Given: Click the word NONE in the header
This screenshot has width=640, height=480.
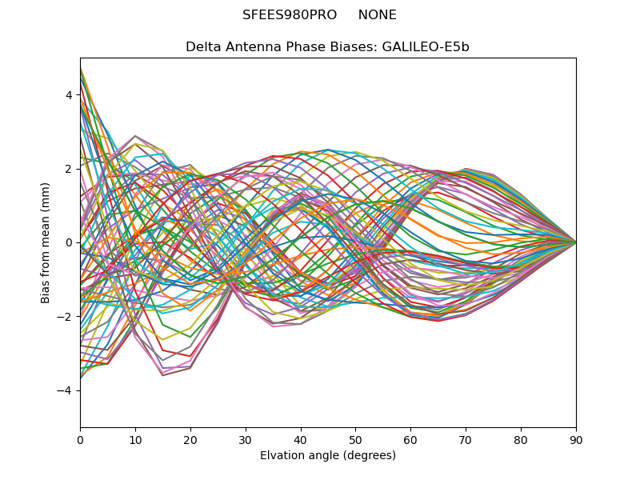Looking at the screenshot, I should click(377, 15).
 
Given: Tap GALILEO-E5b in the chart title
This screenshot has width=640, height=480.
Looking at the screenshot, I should click(430, 47).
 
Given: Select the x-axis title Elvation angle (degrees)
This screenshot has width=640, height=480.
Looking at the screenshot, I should click(328, 455).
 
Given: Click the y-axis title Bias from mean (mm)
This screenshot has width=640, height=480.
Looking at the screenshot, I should click(46, 242).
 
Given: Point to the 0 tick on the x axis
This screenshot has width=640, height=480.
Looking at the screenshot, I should click(80, 439).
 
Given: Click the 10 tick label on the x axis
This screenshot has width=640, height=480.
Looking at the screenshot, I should click(135, 439).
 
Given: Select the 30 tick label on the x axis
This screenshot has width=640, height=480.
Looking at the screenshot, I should click(246, 439).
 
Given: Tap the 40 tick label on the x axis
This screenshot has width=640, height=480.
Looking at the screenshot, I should click(301, 439).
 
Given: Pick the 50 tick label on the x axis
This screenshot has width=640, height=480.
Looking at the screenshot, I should click(355, 439).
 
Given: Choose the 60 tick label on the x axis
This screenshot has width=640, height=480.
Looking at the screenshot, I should click(410, 439).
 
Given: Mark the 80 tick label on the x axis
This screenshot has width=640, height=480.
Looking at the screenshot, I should click(521, 439).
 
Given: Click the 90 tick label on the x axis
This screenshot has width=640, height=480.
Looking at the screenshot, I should click(576, 439).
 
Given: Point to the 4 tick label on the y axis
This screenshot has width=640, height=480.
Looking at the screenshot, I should click(69, 95).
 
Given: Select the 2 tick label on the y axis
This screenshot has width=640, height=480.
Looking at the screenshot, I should click(69, 169).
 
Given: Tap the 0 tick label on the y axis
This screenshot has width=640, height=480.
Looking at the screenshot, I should click(69, 242).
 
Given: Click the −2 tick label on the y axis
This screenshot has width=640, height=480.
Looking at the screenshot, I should click(66, 316).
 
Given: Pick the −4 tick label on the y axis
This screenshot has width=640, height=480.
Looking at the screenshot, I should click(66, 390).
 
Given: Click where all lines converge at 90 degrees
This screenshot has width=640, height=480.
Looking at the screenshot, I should click(575, 242).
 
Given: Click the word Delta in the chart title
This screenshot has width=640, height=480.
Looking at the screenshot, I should click(202, 47).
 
